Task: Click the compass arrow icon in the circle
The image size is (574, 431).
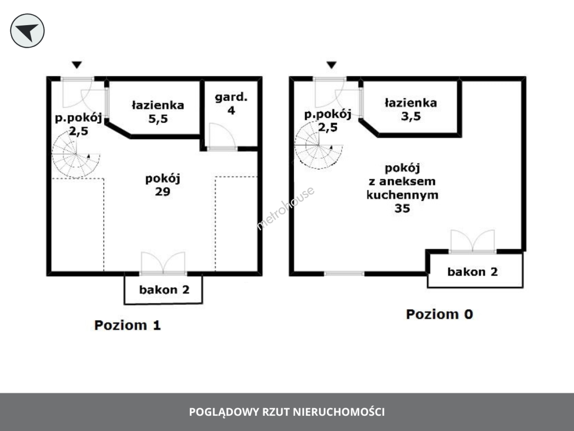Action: (27, 31)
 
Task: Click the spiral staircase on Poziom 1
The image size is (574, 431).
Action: (76, 154)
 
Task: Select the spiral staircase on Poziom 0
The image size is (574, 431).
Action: (318, 145)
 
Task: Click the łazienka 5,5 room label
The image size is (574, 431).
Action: (158, 112)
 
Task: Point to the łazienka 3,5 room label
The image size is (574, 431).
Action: (411, 110)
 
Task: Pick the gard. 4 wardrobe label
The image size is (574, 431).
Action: (231, 104)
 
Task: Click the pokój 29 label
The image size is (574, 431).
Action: (163, 185)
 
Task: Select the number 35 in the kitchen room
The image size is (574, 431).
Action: (402, 209)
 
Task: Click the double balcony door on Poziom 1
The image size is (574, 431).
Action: (163, 263)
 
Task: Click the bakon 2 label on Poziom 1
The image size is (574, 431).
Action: (164, 290)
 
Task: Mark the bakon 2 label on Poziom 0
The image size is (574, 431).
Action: (472, 272)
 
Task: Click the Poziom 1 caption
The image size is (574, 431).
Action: (127, 325)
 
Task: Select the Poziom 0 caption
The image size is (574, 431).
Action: (439, 314)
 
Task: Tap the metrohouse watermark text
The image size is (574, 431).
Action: (285, 208)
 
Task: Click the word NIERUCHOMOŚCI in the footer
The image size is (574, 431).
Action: (339, 412)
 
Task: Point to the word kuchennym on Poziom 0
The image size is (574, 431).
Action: (402, 196)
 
